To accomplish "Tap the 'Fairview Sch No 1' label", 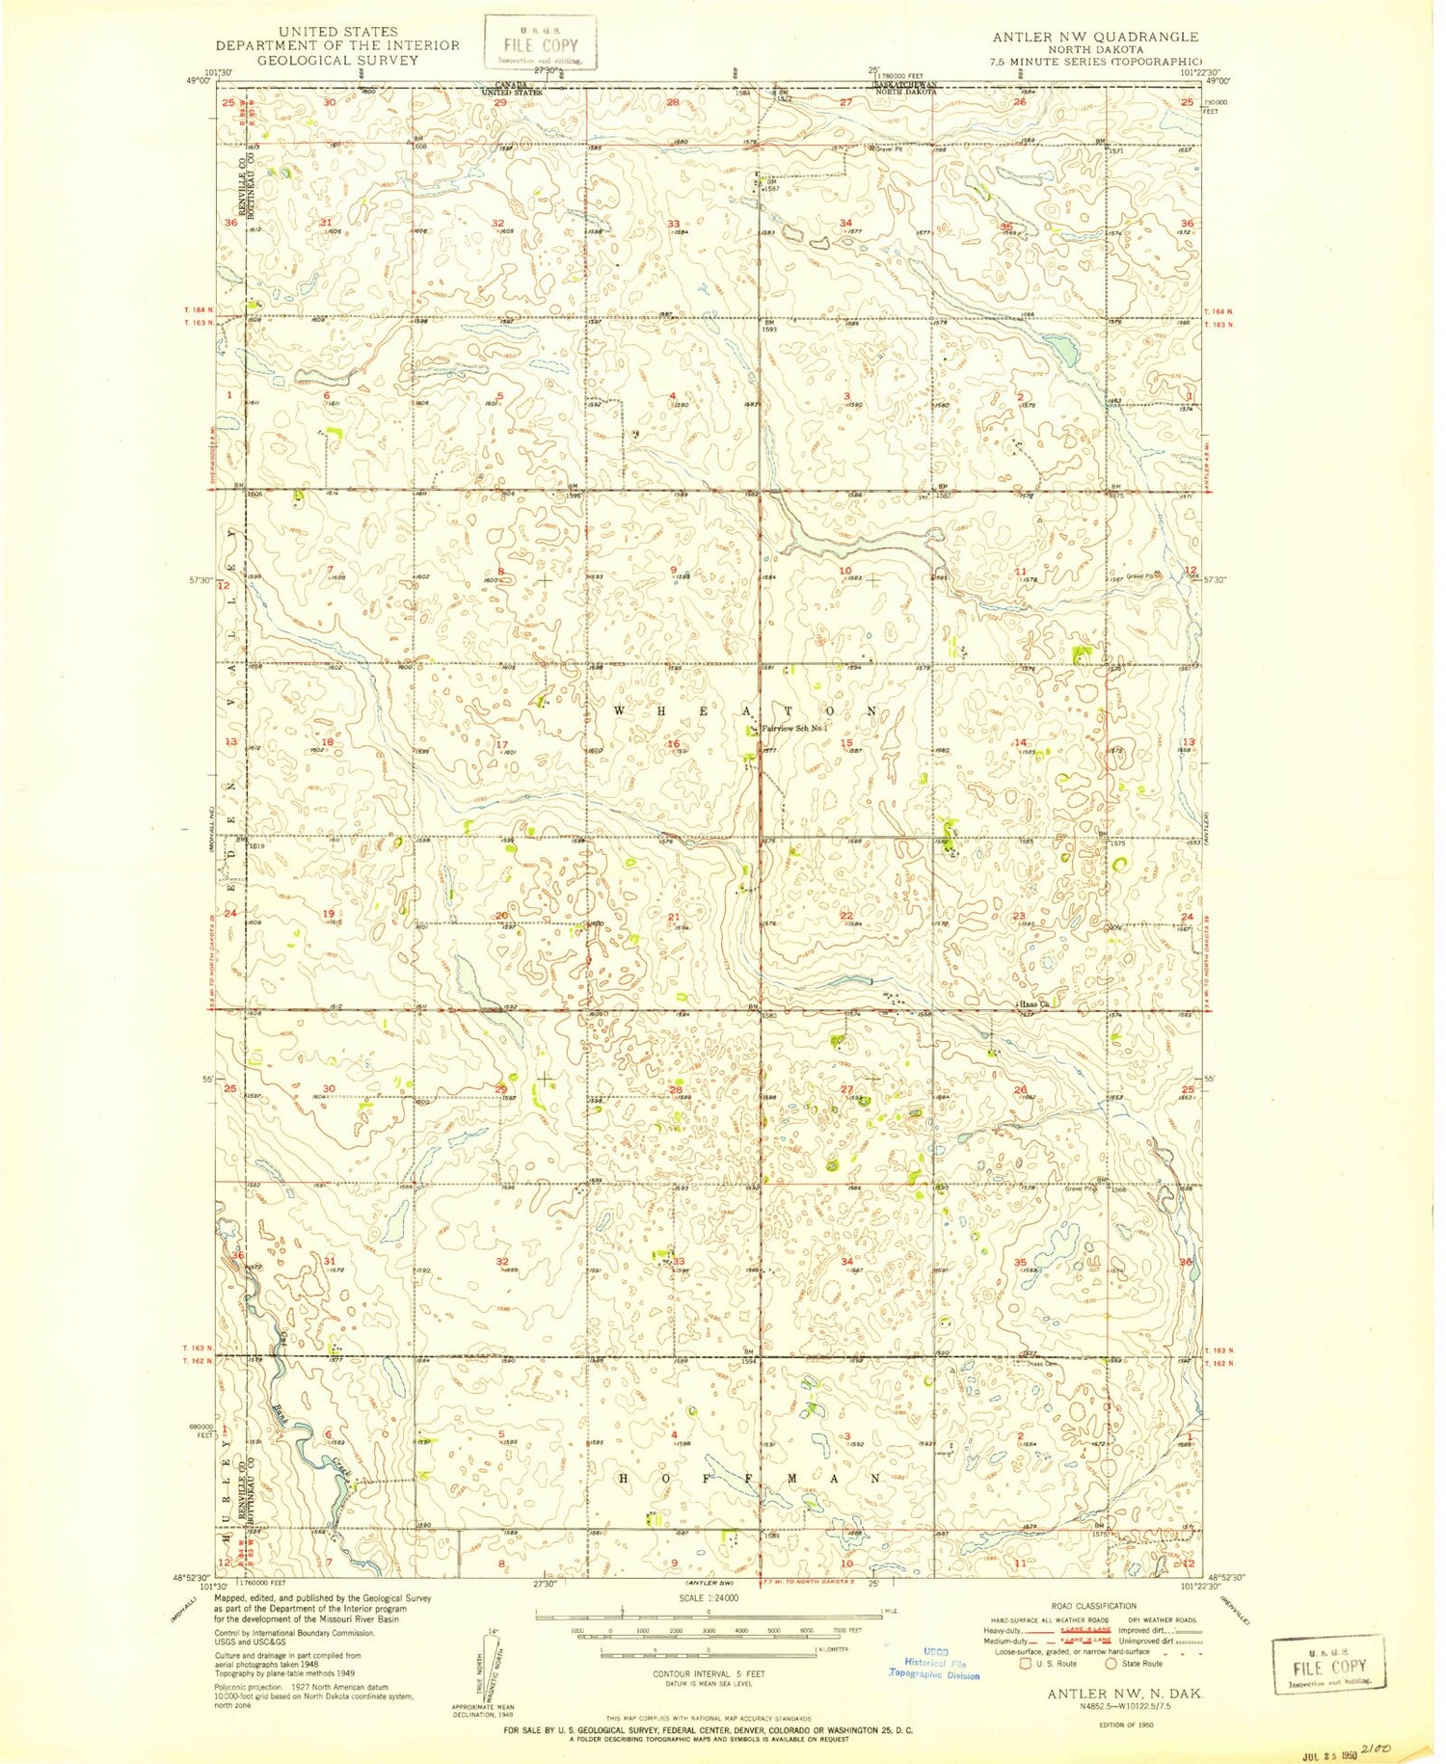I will tap(796, 729).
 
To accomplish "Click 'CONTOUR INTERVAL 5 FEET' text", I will tap(709, 1673).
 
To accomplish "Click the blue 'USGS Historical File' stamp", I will tap(933, 1662).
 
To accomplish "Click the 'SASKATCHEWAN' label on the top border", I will tap(903, 85).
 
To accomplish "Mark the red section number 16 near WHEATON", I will tap(674, 743).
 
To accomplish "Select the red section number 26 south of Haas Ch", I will tap(1021, 1090).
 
